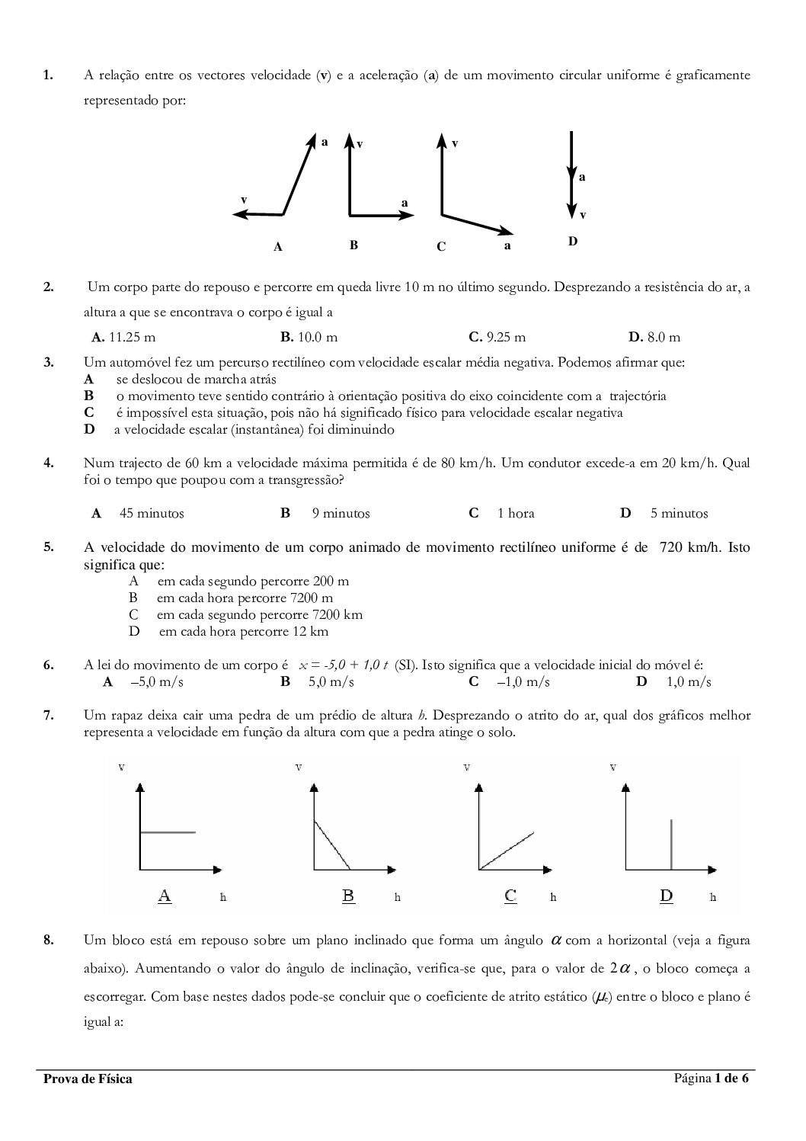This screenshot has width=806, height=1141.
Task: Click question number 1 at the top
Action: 47,75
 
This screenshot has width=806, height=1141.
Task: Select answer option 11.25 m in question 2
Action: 123,337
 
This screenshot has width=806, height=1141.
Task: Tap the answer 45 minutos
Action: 152,514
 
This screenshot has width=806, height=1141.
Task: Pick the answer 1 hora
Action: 516,514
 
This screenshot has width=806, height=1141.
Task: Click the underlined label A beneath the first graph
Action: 165,896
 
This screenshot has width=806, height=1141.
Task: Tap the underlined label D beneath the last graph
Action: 667,896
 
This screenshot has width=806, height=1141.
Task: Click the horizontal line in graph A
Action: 168,832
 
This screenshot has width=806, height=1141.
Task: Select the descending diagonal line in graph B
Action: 332,845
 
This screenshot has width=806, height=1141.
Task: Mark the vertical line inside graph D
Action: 671,844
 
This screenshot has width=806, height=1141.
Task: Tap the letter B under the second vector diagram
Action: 353,245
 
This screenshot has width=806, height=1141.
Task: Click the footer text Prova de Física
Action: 88,1079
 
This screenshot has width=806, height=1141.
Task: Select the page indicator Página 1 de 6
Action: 711,1078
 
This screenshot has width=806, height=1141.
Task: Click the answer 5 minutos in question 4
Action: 679,514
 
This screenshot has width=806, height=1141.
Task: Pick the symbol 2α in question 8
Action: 620,970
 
